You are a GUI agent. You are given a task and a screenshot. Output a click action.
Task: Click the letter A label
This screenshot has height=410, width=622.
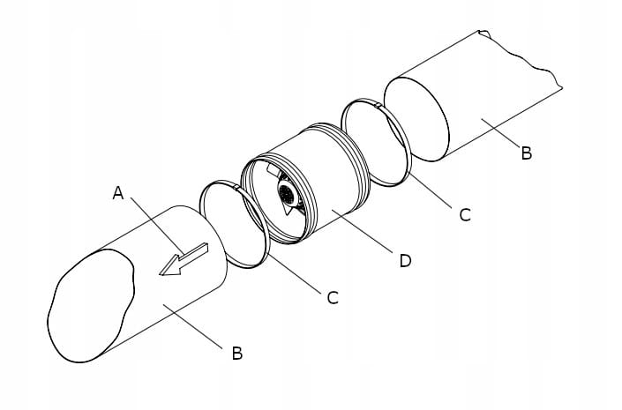117,193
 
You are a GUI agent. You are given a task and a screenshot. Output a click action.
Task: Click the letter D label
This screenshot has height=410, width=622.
405,261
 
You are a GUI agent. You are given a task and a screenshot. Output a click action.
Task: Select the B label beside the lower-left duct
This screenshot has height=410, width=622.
236,354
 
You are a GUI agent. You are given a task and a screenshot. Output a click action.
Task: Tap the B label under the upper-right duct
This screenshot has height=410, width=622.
526,153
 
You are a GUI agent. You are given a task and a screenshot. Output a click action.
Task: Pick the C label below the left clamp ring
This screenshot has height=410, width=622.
332,298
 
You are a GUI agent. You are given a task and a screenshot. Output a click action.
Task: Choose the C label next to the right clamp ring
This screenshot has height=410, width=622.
465,214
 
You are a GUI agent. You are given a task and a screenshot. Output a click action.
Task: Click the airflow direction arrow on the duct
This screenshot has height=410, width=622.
184,260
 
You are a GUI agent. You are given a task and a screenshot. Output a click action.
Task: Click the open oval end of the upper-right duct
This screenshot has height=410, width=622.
415,119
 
